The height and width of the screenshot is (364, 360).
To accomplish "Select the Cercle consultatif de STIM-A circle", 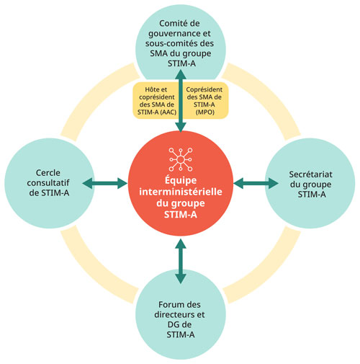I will point(45,184).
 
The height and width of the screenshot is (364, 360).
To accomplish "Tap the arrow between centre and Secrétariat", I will point(253,185).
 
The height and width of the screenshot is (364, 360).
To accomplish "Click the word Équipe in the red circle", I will point(180,181).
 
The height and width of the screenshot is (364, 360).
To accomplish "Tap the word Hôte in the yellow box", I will point(145,89).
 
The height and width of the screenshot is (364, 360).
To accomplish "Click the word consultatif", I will point(45,184).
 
